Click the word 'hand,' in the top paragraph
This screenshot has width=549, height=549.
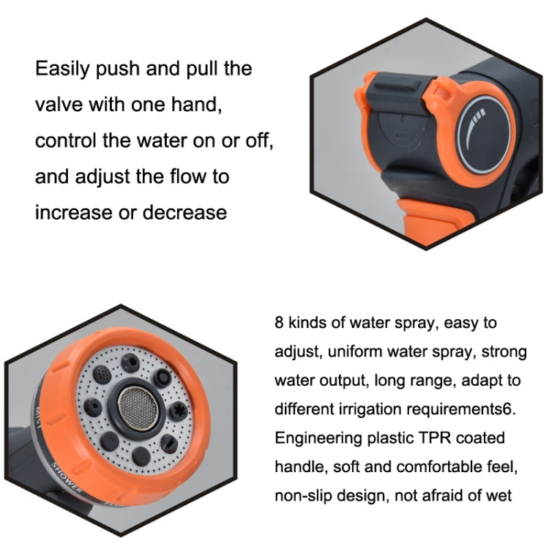click(191, 105)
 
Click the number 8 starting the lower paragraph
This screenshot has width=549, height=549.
click(279, 323)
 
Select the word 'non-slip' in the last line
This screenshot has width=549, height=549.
click(302, 496)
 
